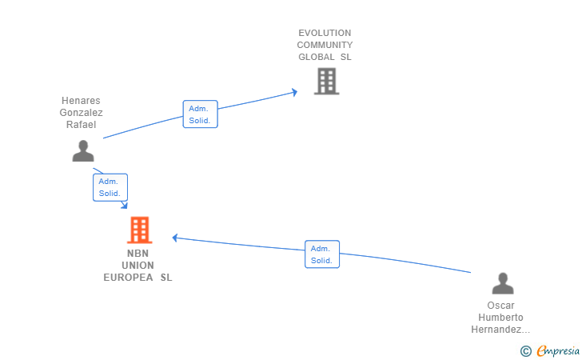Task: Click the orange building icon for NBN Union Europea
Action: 139,230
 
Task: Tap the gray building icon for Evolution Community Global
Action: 325,82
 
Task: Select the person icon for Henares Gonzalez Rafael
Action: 83,150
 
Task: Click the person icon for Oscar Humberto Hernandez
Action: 503,284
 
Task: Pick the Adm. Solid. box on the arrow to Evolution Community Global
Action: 200,114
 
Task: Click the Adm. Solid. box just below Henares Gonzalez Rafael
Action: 110,187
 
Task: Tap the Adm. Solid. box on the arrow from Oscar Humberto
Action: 322,254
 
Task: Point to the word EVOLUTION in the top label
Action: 325,34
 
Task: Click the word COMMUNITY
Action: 325,45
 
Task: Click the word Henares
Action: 81,101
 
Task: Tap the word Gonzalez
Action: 81,113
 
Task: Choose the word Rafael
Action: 81,124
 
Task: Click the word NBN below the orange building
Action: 138,254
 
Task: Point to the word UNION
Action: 138,266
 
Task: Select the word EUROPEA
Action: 128,278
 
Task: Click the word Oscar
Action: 500,306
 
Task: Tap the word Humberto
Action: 500,318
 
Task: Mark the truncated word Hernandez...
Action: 500,330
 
